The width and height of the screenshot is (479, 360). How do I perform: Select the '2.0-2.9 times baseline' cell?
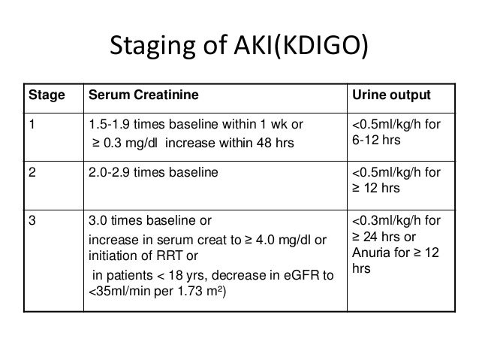point(147,171)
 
